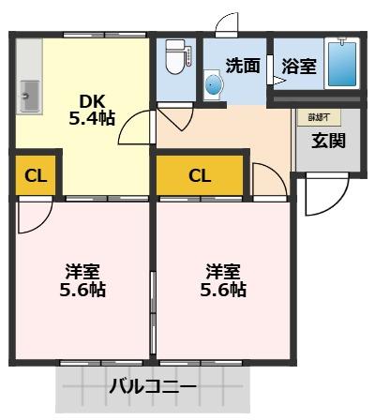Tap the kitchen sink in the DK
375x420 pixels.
coord(28,96)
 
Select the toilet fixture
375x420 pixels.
coord(175,59)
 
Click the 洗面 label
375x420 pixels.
coord(242,66)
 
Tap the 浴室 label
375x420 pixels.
coord(299,66)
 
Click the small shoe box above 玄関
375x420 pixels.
coord(317,118)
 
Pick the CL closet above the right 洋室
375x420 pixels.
coord(200,175)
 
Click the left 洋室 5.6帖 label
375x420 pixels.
coord(83,280)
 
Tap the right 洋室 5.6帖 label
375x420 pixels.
coord(224,280)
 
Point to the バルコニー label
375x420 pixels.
coord(152,385)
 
